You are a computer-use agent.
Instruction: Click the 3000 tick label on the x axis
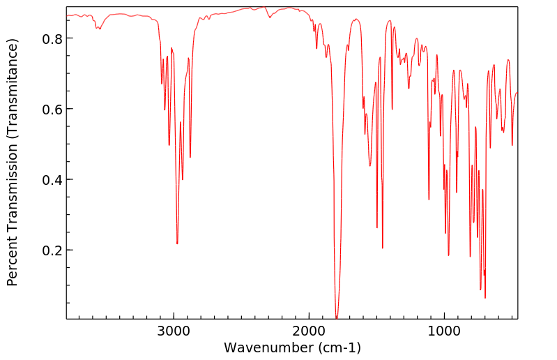174,331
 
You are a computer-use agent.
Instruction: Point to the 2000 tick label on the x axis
309,331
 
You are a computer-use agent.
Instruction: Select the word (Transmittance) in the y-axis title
12,83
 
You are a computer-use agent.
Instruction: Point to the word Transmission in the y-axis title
12,183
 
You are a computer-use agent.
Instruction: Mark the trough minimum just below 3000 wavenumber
177,243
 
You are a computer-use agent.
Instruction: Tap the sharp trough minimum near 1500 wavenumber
377,227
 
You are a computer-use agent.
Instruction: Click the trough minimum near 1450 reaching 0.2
383,248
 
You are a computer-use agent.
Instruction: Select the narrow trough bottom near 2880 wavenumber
190,157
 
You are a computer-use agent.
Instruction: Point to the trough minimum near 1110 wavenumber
429,200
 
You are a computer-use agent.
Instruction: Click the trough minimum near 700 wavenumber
485,298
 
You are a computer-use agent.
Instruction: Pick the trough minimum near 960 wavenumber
449,255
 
